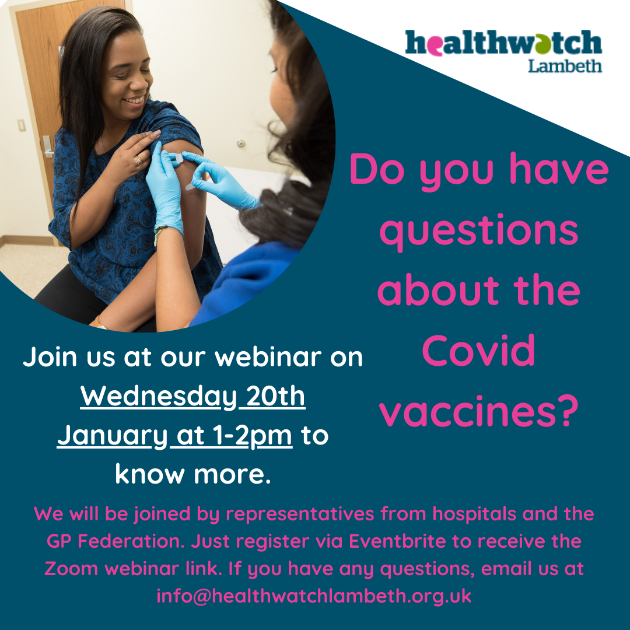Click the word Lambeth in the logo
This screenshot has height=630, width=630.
coord(565,66)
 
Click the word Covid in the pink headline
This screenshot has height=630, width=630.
coord(478,351)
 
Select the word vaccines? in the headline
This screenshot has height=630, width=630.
coord(479,411)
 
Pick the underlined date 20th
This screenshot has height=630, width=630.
coord(275,396)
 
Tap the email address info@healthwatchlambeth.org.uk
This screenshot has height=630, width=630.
coord(314,596)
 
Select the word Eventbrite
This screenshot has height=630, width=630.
coord(397,541)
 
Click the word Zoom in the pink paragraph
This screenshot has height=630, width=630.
coord(71,569)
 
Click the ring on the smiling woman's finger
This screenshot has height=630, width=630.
coord(138,161)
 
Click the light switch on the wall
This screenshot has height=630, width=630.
coord(22,125)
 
